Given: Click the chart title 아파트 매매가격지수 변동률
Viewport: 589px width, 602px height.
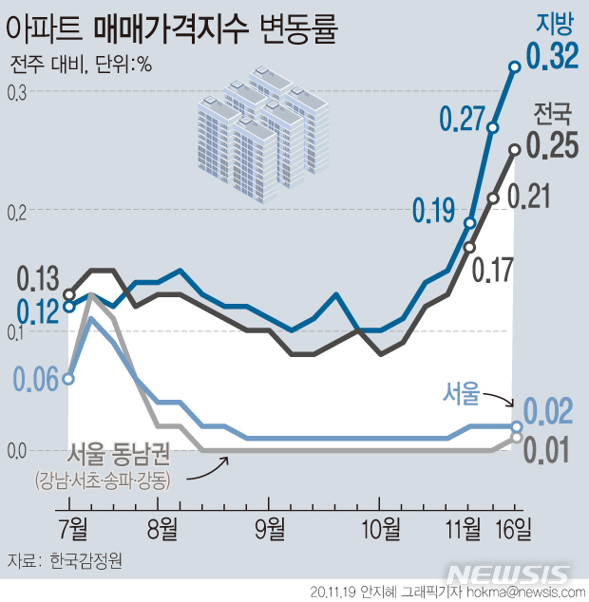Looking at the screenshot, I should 172,29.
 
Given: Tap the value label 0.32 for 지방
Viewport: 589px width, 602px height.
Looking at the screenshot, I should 552,56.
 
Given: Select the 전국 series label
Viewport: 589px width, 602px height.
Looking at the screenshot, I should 553,117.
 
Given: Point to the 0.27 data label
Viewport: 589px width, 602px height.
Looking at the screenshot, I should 463,119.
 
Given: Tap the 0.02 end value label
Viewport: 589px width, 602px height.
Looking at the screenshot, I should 549,413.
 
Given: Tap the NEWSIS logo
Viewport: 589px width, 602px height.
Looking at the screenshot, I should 509,575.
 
